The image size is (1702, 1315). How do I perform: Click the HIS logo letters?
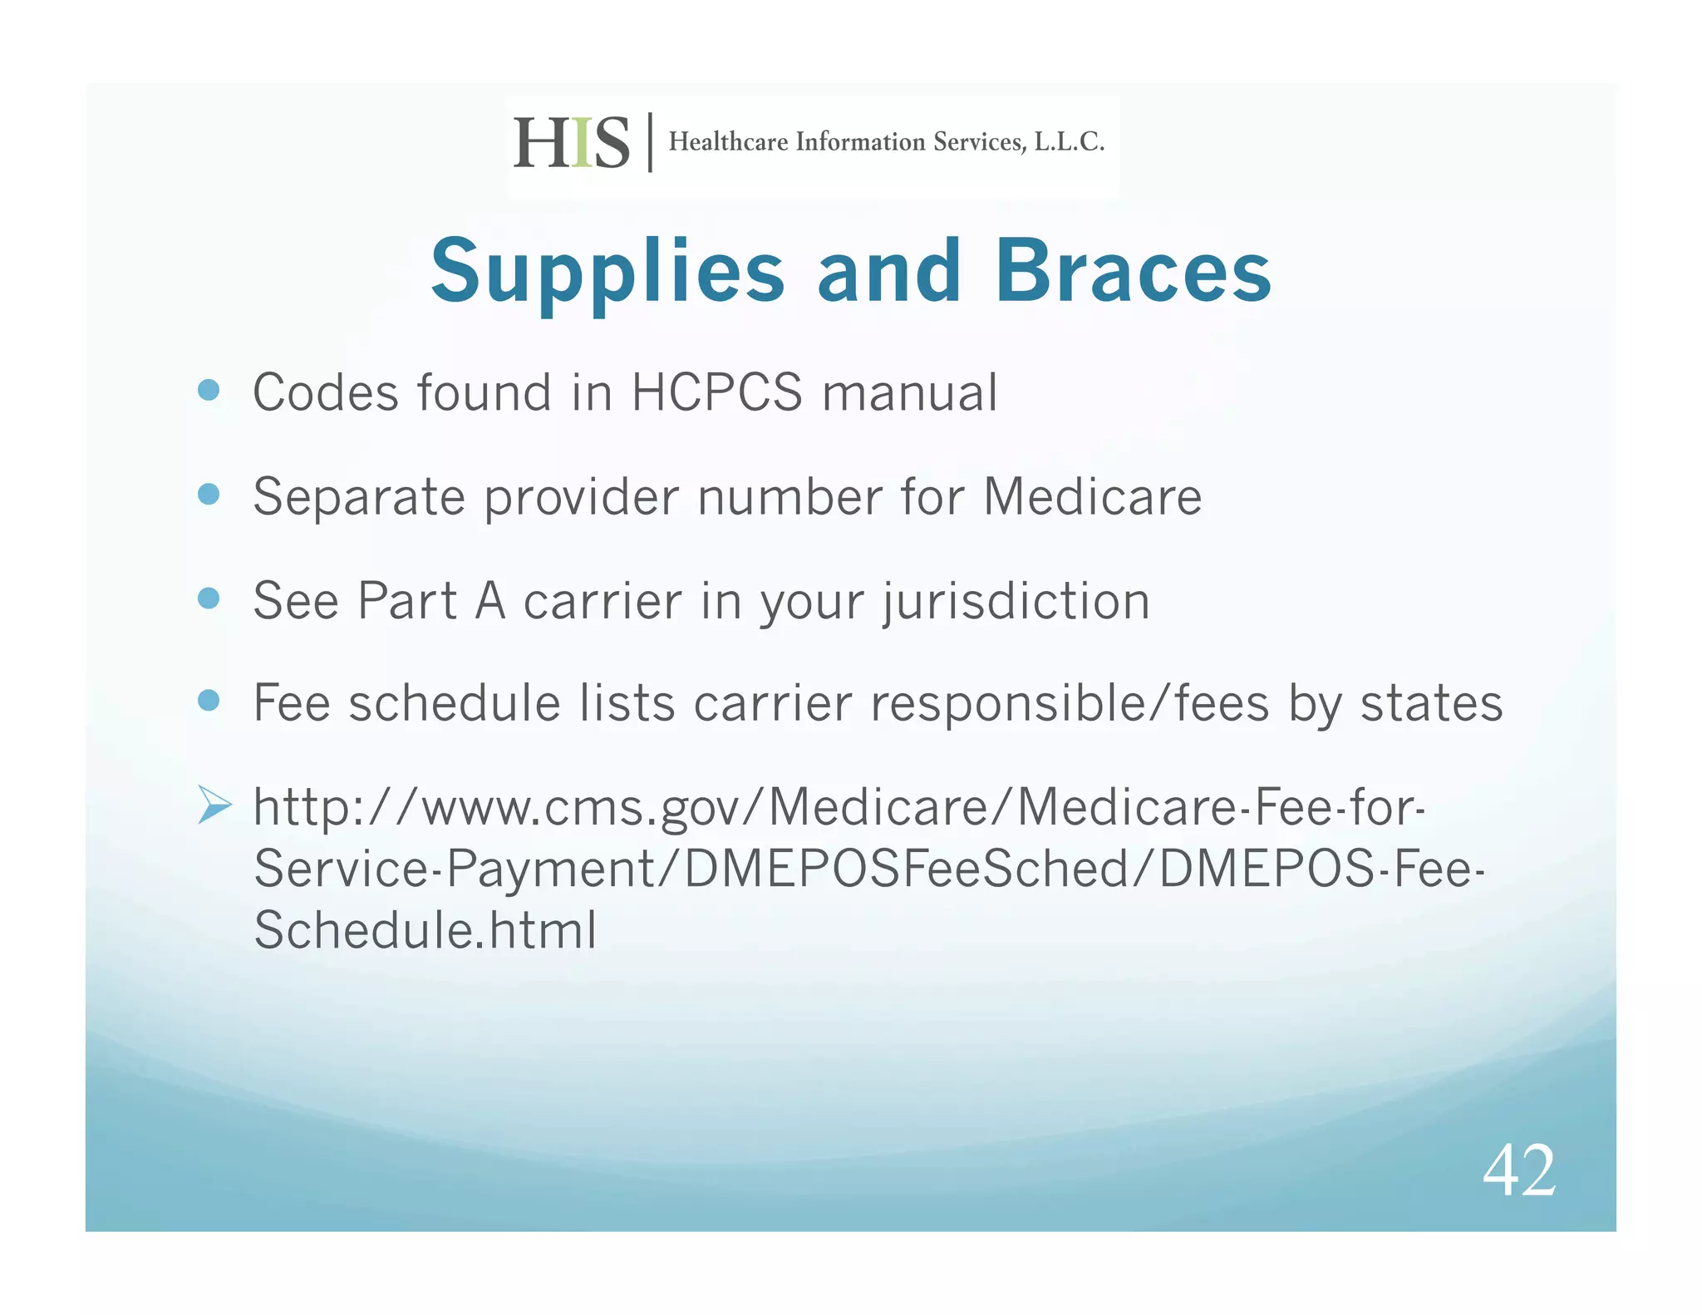[x=572, y=142]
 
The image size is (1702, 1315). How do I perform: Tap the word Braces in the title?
[x=1133, y=271]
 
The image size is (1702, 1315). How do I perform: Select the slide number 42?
[x=1518, y=1170]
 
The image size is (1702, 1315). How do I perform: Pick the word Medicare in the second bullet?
[x=1092, y=496]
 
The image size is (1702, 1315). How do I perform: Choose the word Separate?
[x=359, y=498]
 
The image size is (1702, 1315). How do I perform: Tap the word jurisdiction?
[x=1016, y=602]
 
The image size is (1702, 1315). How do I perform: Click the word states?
[x=1431, y=703]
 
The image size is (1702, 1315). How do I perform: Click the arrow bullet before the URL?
[x=214, y=805]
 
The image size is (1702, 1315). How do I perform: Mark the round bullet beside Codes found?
[x=209, y=390]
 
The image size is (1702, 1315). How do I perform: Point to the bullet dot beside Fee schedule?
[x=209, y=701]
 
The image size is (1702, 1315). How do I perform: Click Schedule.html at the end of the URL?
[x=425, y=929]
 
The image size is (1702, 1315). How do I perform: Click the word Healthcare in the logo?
[x=728, y=142]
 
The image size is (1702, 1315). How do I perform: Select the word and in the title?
[x=888, y=271]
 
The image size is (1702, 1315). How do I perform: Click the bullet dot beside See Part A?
[x=209, y=598]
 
